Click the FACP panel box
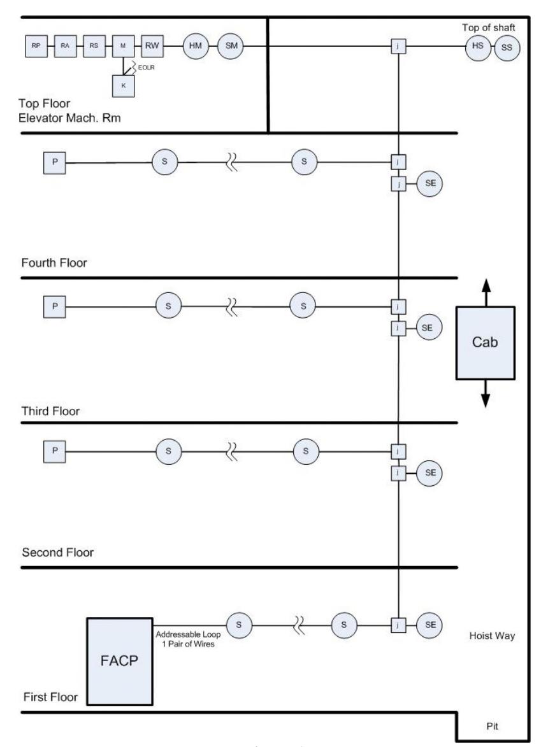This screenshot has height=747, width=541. point(120,661)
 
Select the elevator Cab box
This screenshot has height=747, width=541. point(485,343)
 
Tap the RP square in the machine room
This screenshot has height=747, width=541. point(36,46)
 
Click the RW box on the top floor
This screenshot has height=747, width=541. point(152,46)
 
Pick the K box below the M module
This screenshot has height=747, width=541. point(124,86)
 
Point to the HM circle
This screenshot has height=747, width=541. point(196,46)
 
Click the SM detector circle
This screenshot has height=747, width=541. point(231,46)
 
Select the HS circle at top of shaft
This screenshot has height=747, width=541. point(478,46)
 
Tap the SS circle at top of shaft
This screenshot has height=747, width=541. point(507,48)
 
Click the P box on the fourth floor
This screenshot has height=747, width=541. point(55,162)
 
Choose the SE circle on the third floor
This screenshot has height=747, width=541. point(428,328)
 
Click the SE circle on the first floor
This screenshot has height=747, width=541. point(429,625)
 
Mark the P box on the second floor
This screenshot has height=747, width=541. point(55,451)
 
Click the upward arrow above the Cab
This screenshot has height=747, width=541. point(486,292)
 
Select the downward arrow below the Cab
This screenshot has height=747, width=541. point(486,394)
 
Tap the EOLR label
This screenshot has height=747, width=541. point(147,68)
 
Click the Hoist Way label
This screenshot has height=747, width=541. point(492,636)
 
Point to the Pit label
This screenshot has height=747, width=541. point(493,726)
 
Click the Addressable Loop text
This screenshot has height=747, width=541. point(188,634)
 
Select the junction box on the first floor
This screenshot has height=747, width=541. point(398,625)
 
